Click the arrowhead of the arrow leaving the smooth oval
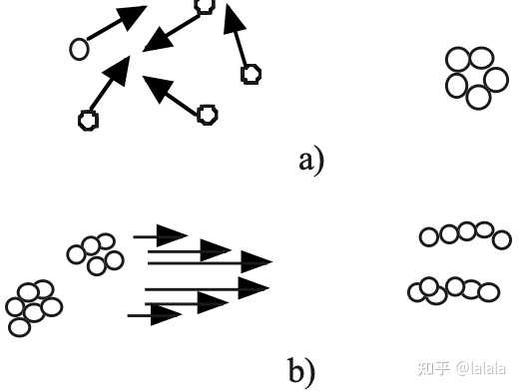click(132, 17)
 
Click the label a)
click(311, 162)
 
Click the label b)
click(301, 370)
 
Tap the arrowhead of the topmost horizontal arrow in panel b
click(172, 235)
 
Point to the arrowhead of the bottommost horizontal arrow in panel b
click(166, 314)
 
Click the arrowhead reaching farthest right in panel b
click(257, 261)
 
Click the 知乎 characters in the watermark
click(434, 369)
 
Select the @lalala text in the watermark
click(481, 369)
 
